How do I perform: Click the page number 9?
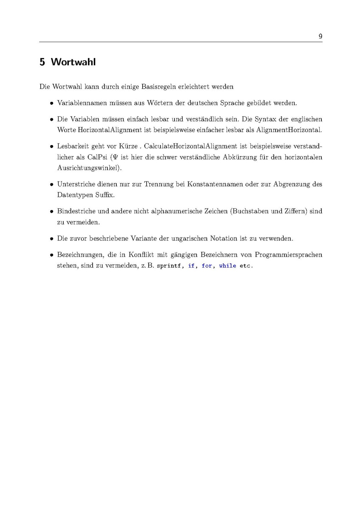[321, 36]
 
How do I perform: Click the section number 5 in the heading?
[42, 62]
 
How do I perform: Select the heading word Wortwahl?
[73, 62]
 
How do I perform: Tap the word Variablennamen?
[82, 103]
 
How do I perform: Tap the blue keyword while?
[228, 266]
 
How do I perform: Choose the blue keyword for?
[207, 266]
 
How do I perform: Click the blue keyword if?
[191, 266]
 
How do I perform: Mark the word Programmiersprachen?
[289, 255]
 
